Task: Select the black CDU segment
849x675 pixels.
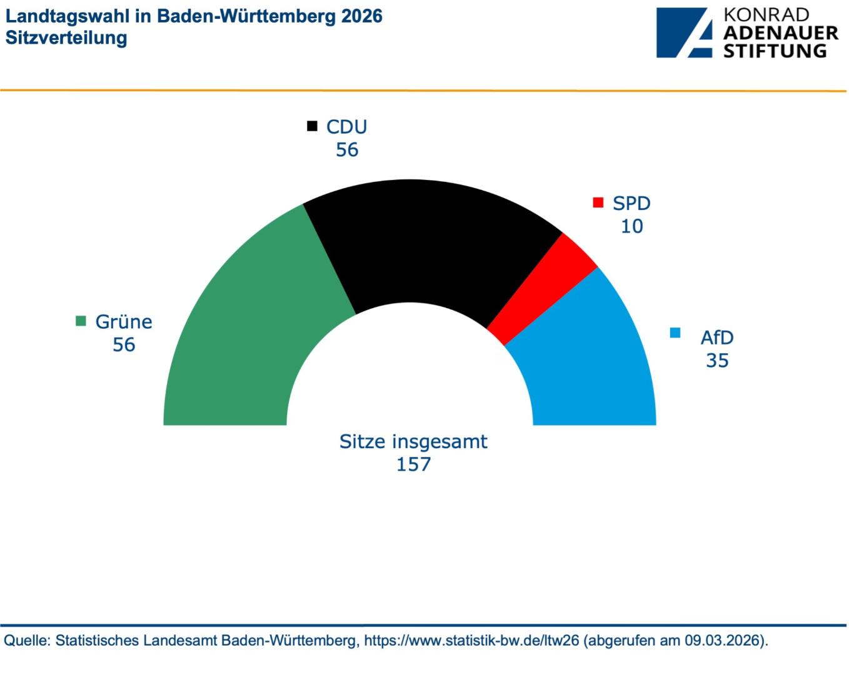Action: coord(425,244)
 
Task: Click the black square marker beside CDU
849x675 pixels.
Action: coord(312,126)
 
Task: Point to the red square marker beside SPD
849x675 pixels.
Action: coord(598,203)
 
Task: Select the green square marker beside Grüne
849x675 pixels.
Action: coord(81,321)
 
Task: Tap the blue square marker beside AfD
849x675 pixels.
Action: coord(675,332)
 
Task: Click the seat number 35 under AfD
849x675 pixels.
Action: coord(717,361)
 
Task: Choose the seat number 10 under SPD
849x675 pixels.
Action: coord(631,226)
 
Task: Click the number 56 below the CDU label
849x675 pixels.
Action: coord(347,150)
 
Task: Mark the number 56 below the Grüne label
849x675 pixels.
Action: coord(124,344)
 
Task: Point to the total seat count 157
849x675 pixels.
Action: coord(413,464)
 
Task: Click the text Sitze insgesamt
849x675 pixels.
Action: coord(413,441)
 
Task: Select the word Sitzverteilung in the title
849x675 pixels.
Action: coord(66,37)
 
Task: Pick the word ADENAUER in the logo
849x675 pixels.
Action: coord(780,33)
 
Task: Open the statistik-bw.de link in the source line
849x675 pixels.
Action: coord(471,641)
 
